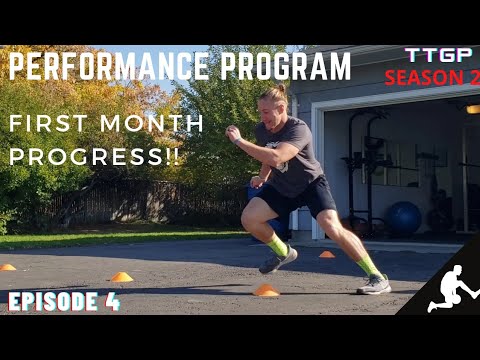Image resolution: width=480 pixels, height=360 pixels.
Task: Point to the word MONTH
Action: pos(152,124)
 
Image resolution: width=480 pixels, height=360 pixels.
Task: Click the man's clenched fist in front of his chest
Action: pos(233,132)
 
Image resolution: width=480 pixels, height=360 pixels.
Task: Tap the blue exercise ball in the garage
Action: pos(405,217)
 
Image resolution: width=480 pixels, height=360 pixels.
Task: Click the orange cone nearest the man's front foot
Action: pos(265,290)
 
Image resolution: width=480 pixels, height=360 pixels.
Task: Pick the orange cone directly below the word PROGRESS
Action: pos(121,276)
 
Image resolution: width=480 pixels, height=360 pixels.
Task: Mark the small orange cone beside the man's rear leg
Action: pos(326,254)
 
